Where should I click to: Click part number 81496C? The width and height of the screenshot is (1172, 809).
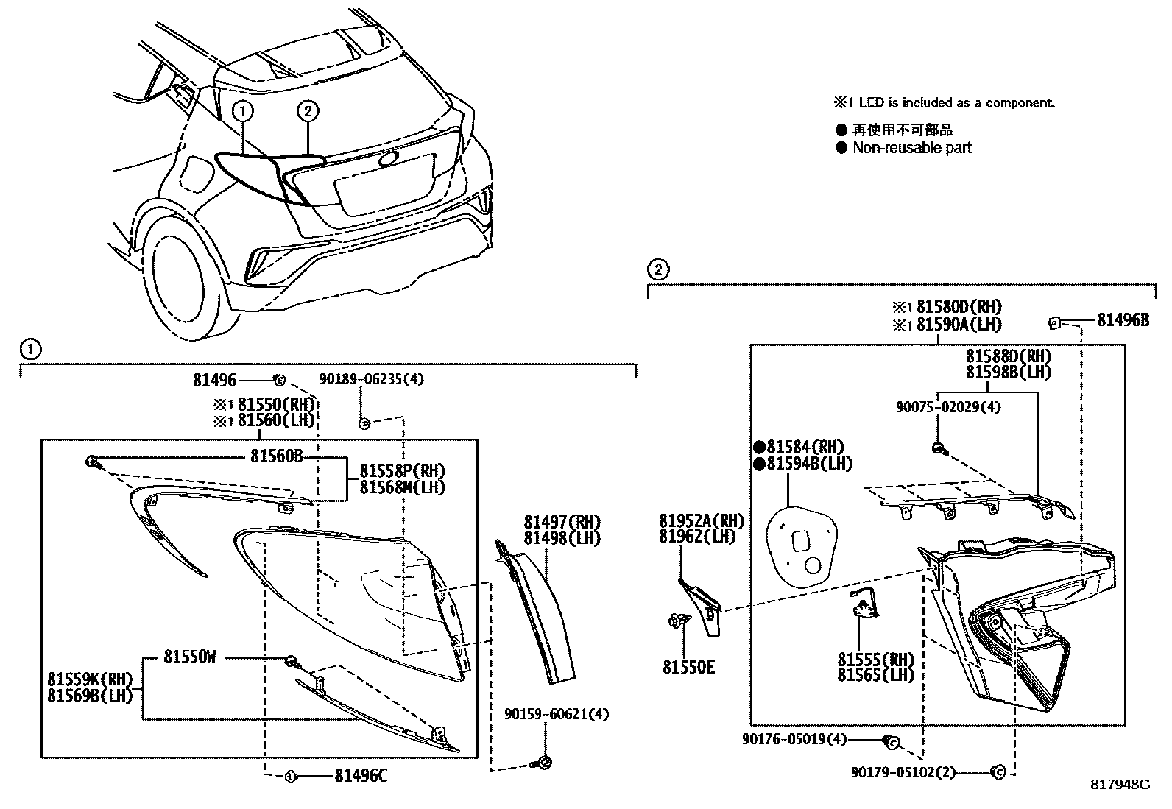click(x=361, y=775)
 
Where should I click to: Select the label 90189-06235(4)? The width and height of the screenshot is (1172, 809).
click(x=372, y=379)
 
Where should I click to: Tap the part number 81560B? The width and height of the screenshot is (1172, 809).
click(x=276, y=456)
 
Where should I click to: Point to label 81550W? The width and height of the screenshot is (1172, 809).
click(x=190, y=657)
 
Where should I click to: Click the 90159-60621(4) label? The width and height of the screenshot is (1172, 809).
click(x=557, y=713)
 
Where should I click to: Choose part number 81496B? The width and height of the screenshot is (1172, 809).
click(x=1123, y=319)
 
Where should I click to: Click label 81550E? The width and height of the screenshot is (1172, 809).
click(x=688, y=668)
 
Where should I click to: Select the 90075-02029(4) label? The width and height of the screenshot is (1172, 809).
click(x=948, y=407)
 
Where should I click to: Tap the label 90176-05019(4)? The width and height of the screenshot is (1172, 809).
click(x=795, y=739)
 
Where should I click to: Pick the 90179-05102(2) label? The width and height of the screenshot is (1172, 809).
click(x=903, y=772)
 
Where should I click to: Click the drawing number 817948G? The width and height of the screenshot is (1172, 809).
click(x=1120, y=785)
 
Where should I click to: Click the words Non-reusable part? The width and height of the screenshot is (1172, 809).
click(x=911, y=148)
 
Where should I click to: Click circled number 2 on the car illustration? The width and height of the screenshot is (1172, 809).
click(x=308, y=111)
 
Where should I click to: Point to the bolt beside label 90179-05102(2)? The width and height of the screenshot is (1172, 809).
click(x=999, y=772)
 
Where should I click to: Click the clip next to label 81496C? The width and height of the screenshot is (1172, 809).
click(x=289, y=775)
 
